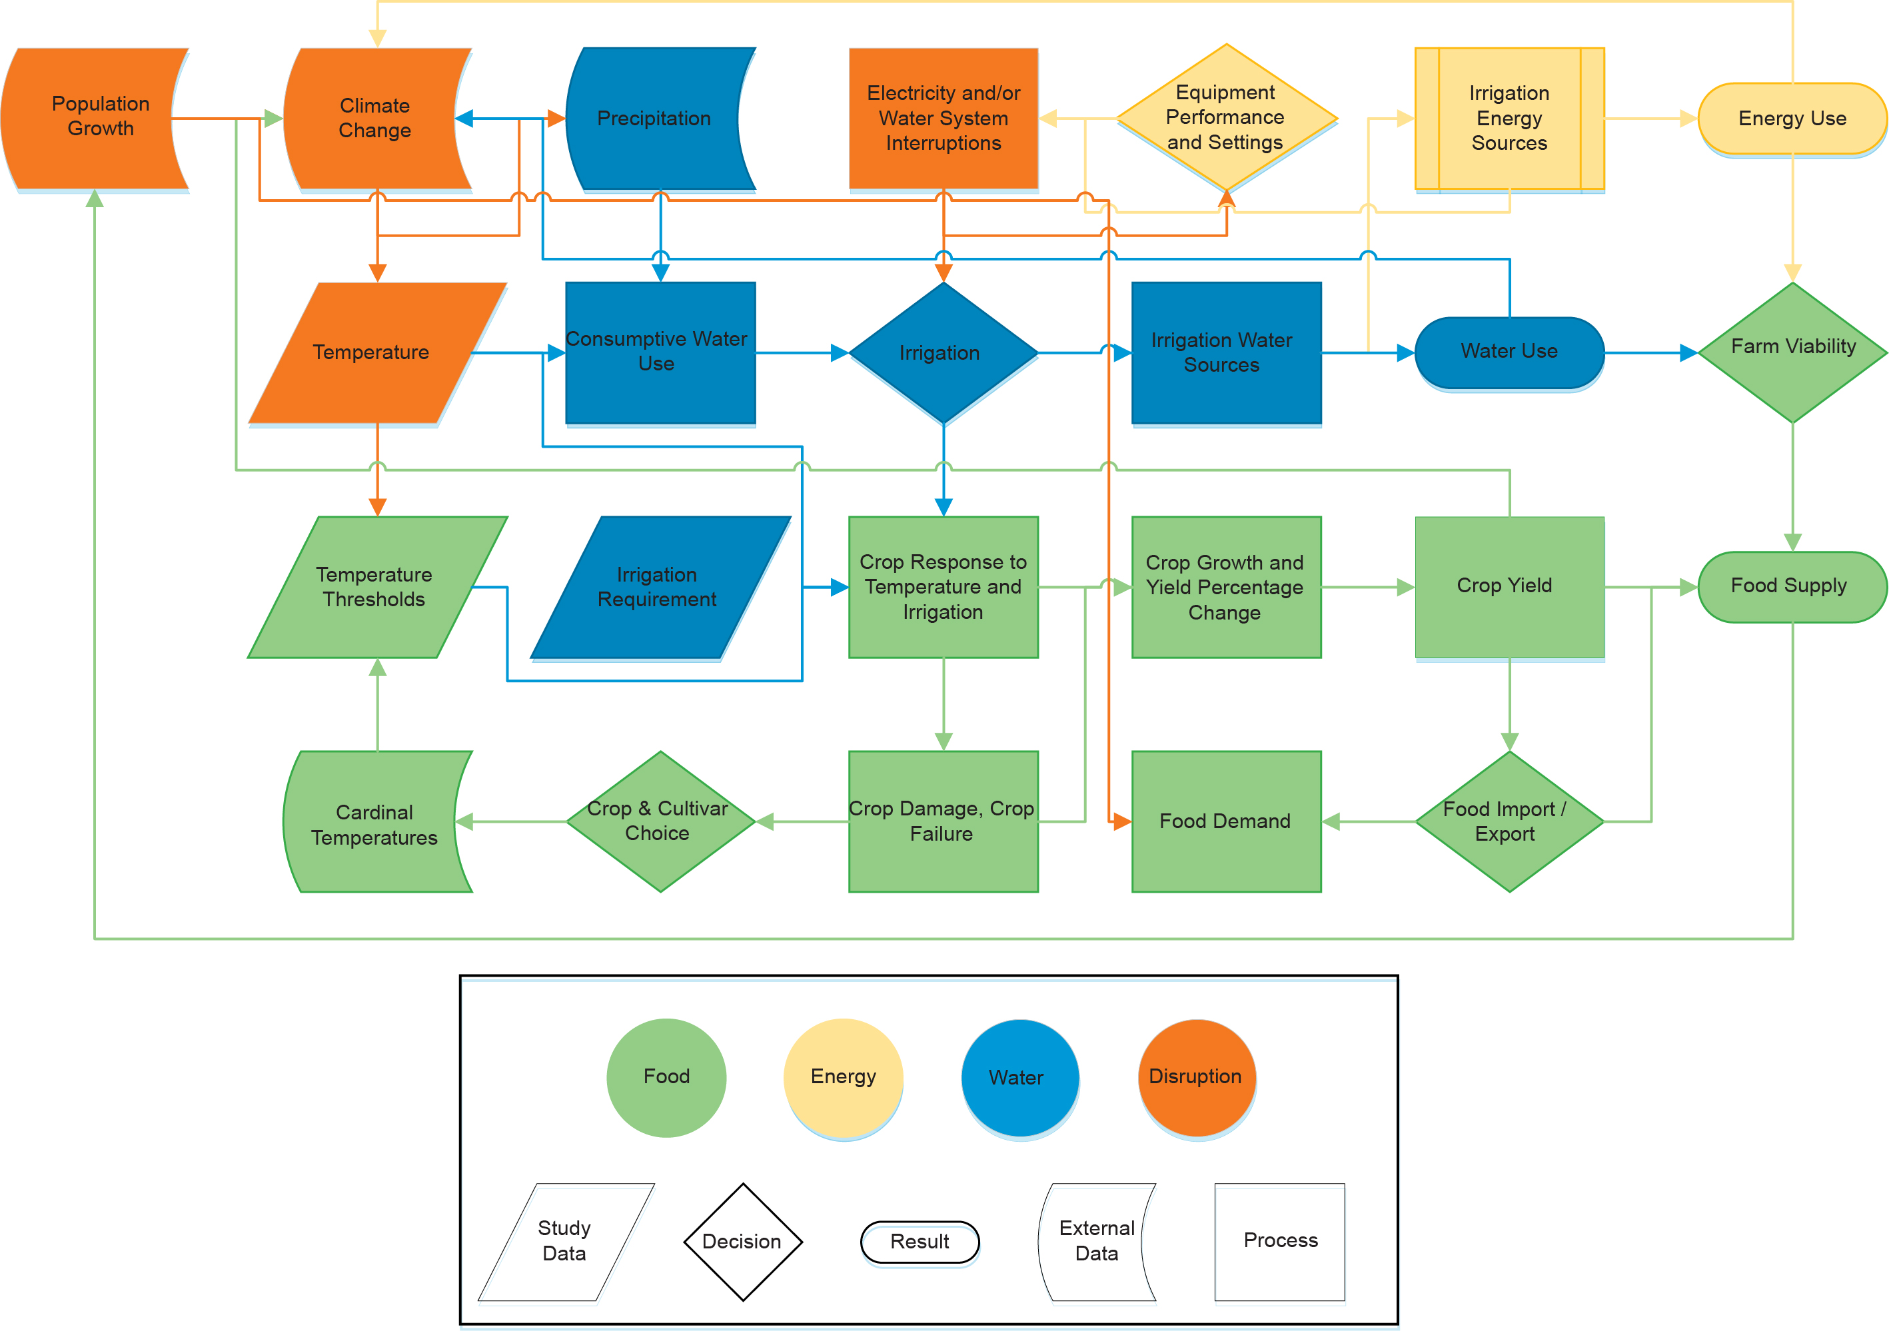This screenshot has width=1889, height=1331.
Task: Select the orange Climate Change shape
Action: [x=374, y=118]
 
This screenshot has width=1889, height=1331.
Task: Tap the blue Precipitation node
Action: [x=654, y=118]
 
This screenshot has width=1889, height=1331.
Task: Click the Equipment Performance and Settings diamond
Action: [x=1226, y=118]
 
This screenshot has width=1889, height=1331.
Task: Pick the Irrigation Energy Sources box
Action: [x=1509, y=118]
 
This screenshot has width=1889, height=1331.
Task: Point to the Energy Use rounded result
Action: [x=1792, y=118]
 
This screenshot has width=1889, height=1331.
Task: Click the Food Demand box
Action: [x=1226, y=821]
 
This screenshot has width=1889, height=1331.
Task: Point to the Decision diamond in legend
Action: [x=742, y=1241]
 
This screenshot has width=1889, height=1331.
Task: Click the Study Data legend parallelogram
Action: [x=565, y=1241]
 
